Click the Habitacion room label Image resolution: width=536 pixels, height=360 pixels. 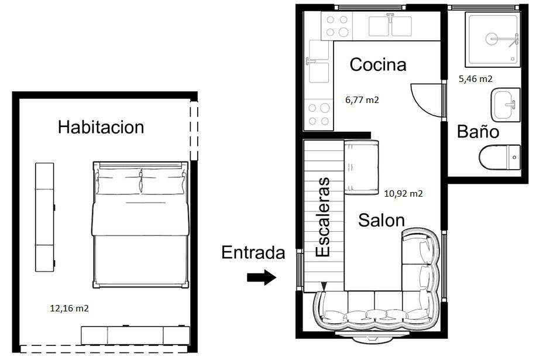coord(101,127)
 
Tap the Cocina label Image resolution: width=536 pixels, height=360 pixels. coord(377,64)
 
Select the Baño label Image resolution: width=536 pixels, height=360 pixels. coord(477,132)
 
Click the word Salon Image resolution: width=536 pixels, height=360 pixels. coord(381,221)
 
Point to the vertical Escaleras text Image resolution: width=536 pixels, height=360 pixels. coord(323,217)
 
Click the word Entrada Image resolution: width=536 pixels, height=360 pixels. coord(253,253)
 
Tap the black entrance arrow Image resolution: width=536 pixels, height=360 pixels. coord(261,277)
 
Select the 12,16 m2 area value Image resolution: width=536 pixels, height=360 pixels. coord(69,308)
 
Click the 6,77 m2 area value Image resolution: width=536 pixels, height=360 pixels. coord(362,100)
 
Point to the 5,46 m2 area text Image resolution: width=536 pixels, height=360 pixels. coord(475,78)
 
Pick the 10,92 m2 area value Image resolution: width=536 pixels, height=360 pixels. coord(403,193)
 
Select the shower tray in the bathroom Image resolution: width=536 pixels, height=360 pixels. coord(492,39)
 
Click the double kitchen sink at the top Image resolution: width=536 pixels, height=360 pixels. coord(390,25)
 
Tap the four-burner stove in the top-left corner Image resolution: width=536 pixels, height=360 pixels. coord(336,26)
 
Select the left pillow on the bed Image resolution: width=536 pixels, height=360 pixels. coord(120,181)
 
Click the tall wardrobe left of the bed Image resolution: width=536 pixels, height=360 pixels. coord(44,217)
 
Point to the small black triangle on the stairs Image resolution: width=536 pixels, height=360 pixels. coord(324,286)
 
